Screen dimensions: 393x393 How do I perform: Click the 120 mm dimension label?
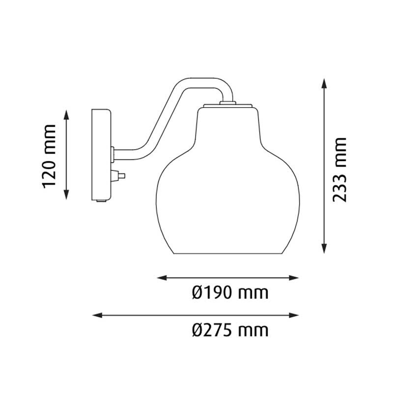pos(50,156)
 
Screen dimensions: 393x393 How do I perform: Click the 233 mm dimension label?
pos(339,169)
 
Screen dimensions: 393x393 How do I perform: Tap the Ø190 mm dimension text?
pos(230,294)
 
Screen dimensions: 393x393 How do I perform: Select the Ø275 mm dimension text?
pos(230,330)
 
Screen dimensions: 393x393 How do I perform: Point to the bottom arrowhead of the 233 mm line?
pos(324,250)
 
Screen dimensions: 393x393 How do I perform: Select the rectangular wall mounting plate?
pos(101,155)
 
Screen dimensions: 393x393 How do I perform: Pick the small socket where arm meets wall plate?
pos(113,153)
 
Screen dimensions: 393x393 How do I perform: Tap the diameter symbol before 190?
pos(197,294)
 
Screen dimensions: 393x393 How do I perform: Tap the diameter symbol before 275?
pos(197,330)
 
